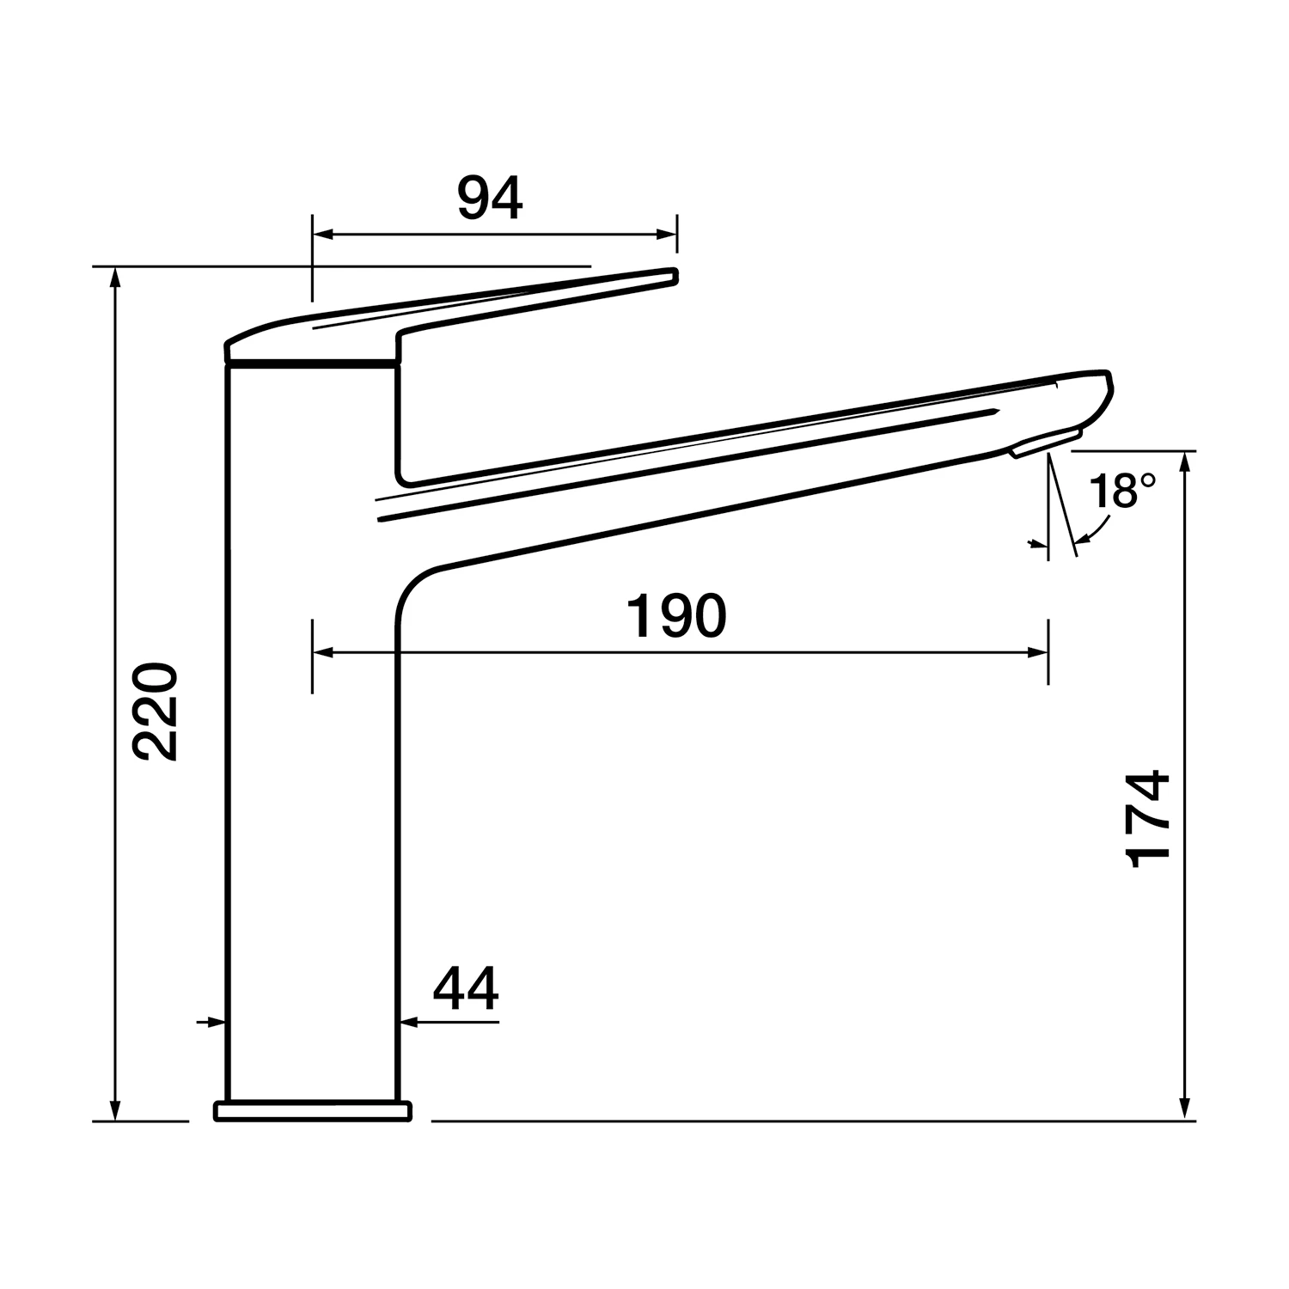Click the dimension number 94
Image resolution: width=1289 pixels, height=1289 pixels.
[x=489, y=199]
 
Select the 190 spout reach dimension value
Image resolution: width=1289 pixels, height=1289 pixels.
[x=676, y=616]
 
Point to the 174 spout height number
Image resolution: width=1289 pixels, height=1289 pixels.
[x=1148, y=819]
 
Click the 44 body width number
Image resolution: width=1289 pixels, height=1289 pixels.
[x=465, y=989]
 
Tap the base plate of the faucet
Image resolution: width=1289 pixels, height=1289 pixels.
[x=313, y=1112]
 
